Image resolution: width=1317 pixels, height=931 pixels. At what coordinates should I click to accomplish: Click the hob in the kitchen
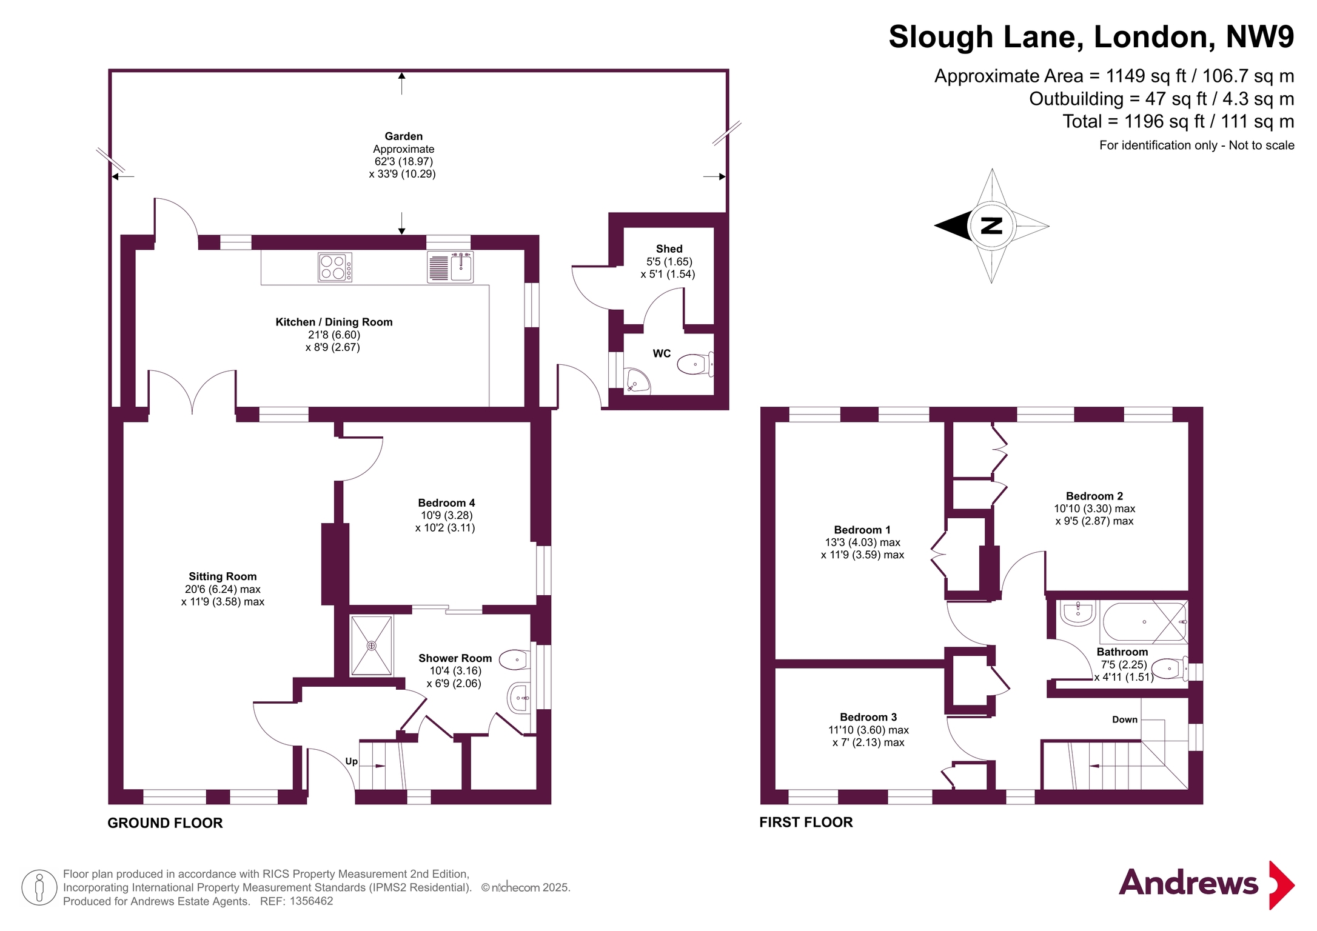point(335,267)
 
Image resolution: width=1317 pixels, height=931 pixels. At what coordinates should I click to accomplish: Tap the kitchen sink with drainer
point(450,267)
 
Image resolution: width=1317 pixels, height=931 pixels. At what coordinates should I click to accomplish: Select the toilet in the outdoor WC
point(695,364)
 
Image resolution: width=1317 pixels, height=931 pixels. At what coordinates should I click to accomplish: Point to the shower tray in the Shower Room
point(372,646)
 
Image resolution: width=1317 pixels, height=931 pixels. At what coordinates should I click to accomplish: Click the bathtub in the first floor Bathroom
point(1144,622)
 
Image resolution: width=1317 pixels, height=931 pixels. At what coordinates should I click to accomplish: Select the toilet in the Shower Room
point(515,659)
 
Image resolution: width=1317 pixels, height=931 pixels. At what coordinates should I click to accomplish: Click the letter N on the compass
point(991,225)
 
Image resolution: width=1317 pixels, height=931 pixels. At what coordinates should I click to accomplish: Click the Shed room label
point(669,249)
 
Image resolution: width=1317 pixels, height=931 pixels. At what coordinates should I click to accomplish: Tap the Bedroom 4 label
point(446,502)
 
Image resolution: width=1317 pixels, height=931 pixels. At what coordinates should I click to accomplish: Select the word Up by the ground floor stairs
point(351,761)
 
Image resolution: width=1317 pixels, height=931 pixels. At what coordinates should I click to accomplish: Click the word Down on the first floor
point(1124,719)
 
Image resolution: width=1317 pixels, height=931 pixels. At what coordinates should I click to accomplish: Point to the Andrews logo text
point(1188,883)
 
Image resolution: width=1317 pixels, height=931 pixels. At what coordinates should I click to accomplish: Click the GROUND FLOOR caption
point(165,823)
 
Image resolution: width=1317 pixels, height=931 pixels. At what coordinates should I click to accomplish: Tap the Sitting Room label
point(223,576)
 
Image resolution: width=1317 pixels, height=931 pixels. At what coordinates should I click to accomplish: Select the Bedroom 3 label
point(868,717)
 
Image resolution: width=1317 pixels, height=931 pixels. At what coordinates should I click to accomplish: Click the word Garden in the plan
point(403,136)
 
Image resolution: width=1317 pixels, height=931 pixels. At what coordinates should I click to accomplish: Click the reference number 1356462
point(311,901)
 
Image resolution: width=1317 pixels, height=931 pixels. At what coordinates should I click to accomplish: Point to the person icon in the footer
point(39,887)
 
